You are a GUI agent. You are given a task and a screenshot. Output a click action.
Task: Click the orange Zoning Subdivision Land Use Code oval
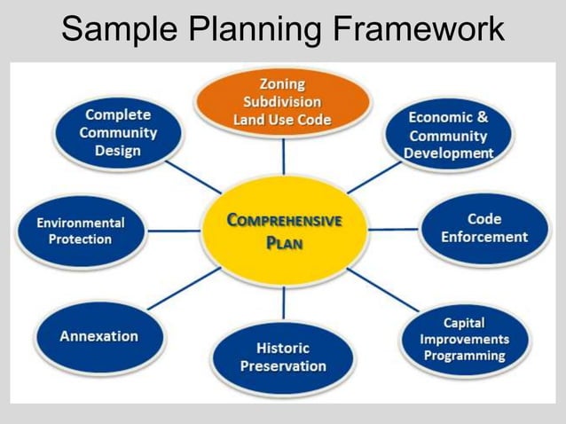click(x=282, y=100)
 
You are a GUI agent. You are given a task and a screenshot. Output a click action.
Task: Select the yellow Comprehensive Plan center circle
click(x=283, y=230)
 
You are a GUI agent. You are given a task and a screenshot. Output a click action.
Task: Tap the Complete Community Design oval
click(x=118, y=132)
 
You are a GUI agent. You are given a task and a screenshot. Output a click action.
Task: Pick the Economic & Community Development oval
click(x=448, y=135)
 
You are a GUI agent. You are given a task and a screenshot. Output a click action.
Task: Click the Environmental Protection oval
click(x=80, y=231)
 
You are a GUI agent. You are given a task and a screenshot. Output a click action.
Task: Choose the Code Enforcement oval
click(x=483, y=228)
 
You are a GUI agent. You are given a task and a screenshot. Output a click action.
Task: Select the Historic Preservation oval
click(x=283, y=357)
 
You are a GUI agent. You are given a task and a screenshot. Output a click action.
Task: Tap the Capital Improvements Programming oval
click(x=464, y=339)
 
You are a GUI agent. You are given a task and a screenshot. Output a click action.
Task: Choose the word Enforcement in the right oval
click(x=483, y=237)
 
